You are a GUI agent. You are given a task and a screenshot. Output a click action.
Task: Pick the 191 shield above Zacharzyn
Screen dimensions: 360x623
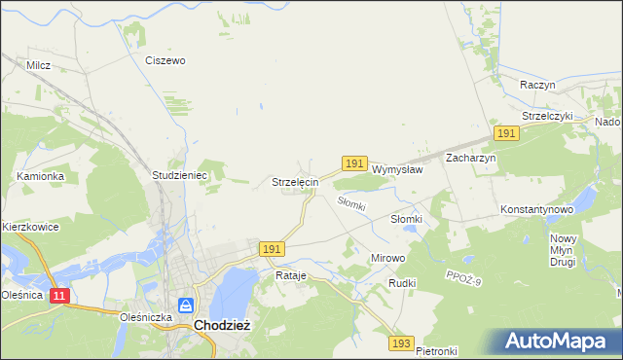505,132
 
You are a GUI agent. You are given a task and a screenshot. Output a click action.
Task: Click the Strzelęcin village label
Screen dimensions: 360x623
295,182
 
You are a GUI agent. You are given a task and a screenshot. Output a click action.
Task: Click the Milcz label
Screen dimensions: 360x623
39,65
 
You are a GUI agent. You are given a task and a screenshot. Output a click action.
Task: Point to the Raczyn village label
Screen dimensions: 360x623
537,85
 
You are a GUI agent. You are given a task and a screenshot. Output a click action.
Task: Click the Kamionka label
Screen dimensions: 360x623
40,176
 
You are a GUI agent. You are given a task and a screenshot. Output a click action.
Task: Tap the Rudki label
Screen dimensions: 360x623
402,283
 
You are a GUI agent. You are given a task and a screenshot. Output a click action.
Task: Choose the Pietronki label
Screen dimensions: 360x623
436,350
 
